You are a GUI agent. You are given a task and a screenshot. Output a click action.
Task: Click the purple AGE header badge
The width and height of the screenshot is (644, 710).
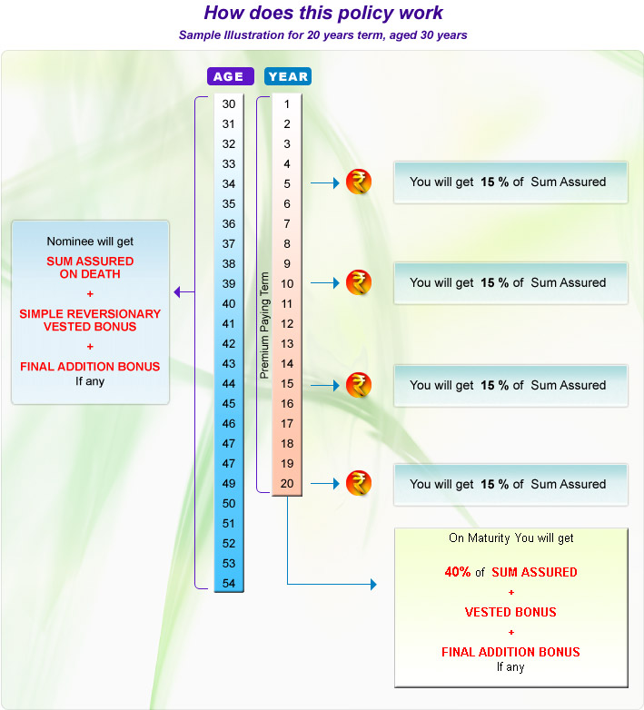pyautogui.click(x=229, y=77)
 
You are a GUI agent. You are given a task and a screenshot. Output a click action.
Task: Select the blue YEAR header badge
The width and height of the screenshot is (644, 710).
pyautogui.click(x=288, y=77)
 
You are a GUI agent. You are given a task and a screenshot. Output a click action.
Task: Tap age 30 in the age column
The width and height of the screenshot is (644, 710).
pyautogui.click(x=229, y=104)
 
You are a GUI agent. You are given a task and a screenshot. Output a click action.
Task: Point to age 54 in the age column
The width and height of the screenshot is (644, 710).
pyautogui.click(x=229, y=584)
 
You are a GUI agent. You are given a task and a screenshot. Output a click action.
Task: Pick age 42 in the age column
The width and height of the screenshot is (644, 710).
pyautogui.click(x=229, y=344)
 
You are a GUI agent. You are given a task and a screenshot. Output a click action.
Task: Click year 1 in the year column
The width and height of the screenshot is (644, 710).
pyautogui.click(x=287, y=104)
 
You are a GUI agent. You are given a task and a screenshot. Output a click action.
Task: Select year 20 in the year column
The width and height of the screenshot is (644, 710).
pyautogui.click(x=287, y=484)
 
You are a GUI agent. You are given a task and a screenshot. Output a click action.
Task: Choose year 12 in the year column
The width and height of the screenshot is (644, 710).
pyautogui.click(x=287, y=324)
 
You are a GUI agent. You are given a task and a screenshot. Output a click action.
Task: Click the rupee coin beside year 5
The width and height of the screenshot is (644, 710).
pyautogui.click(x=359, y=182)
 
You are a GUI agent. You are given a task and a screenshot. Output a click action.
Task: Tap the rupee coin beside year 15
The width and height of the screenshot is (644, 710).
pyautogui.click(x=359, y=385)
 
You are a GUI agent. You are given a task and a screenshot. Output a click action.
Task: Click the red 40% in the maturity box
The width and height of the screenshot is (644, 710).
pyautogui.click(x=458, y=573)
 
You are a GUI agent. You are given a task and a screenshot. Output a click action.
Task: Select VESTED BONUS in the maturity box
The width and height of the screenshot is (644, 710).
pyautogui.click(x=510, y=613)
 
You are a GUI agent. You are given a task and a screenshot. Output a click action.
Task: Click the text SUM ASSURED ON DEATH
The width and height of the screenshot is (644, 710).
pyautogui.click(x=90, y=267)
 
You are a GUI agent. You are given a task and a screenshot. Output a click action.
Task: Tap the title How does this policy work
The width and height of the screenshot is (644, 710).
pyautogui.click(x=323, y=14)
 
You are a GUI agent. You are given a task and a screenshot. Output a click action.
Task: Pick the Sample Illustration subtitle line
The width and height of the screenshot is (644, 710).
pyautogui.click(x=323, y=35)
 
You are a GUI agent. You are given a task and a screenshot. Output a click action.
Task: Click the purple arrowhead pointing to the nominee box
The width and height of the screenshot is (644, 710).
pyautogui.click(x=178, y=292)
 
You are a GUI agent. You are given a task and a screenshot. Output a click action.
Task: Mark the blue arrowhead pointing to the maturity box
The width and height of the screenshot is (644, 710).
pyautogui.click(x=372, y=586)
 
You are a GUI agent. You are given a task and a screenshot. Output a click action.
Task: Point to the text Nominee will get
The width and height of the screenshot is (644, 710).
pyautogui.click(x=90, y=242)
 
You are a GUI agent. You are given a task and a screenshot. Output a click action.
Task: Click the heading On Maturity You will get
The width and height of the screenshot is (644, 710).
pyautogui.click(x=511, y=538)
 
